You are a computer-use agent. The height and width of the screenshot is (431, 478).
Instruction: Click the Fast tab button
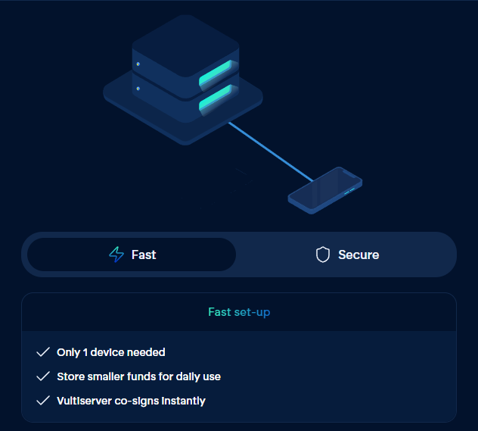(x=132, y=255)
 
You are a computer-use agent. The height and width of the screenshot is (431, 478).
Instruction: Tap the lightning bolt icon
(x=116, y=255)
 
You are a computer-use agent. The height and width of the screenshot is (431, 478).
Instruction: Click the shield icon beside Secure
(x=323, y=255)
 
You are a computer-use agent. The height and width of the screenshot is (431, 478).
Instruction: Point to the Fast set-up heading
(x=239, y=311)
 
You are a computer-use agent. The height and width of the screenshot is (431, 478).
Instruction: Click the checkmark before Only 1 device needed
(x=43, y=352)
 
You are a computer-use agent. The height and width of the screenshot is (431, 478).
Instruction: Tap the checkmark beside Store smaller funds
(x=43, y=376)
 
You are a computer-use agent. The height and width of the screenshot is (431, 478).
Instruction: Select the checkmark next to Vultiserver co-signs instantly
(x=43, y=401)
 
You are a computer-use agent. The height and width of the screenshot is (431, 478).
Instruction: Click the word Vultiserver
(x=84, y=401)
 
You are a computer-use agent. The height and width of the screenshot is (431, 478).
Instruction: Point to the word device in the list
(x=111, y=352)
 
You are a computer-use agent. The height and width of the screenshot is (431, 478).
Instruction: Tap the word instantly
(x=182, y=401)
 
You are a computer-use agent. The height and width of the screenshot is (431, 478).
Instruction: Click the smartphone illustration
(x=325, y=191)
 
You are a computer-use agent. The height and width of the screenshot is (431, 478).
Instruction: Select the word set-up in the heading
(x=252, y=311)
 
